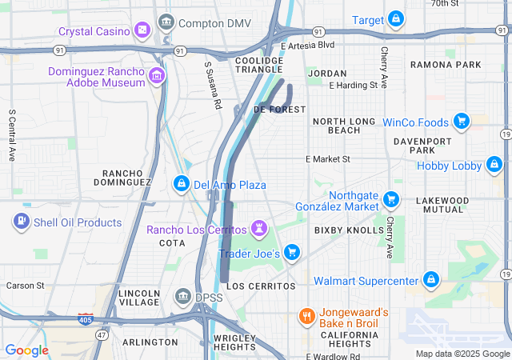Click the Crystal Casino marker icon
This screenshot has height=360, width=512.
[142, 30]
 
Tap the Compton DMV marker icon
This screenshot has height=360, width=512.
[167, 22]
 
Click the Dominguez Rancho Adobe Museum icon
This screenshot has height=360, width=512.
[157, 77]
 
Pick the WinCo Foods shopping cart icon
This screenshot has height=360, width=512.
[461, 122]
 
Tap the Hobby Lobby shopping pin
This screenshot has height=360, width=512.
[494, 166]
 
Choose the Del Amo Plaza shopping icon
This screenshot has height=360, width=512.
[182, 185]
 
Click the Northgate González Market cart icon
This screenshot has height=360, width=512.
[391, 198]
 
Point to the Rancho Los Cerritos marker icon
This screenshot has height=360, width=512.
[259, 230]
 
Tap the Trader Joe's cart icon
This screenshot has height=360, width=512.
[292, 253]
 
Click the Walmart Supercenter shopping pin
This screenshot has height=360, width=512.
[431, 280]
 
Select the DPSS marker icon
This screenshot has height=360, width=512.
[182, 298]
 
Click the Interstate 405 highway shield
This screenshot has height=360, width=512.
[86, 318]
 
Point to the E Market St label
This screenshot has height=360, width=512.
[329, 159]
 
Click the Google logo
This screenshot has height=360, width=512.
[26, 350]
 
